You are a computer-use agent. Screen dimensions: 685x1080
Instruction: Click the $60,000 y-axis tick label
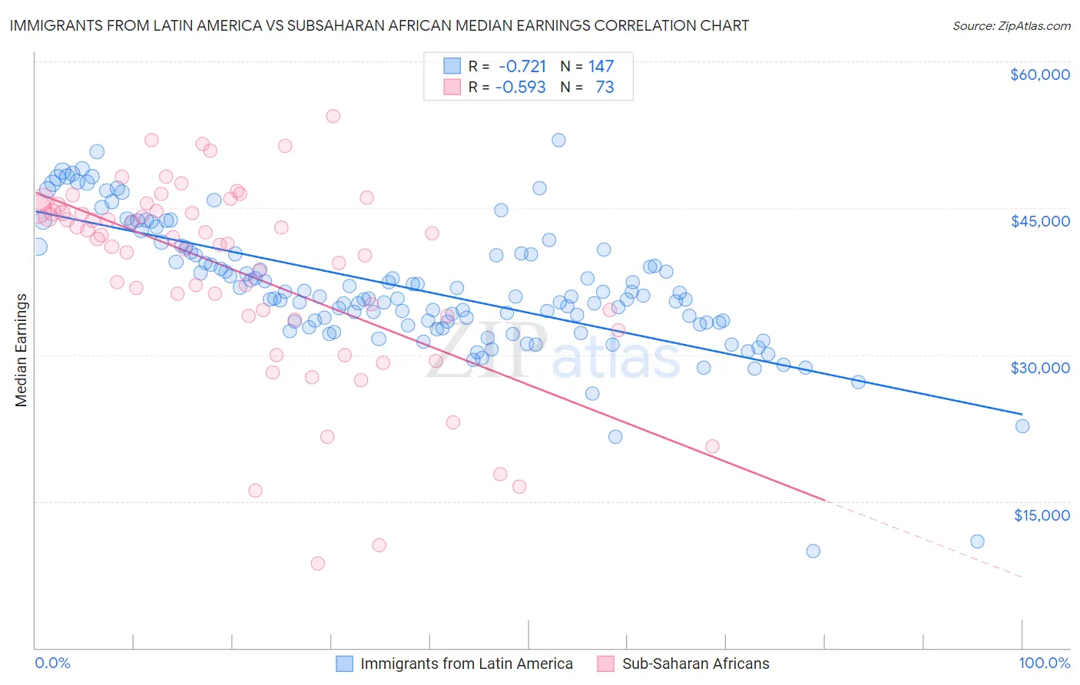coord(1039,74)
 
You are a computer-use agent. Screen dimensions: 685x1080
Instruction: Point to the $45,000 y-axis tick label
coord(1039,221)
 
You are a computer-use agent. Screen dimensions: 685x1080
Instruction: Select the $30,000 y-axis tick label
coord(1039,368)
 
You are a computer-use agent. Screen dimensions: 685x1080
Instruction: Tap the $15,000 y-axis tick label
coord(1042,515)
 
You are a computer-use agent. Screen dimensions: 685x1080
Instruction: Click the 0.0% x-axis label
coord(52,663)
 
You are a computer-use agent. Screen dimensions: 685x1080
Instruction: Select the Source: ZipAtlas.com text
coord(1011,25)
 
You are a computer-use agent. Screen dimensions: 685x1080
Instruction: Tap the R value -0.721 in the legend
coord(522,66)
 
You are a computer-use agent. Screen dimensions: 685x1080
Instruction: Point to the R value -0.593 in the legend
coord(520,87)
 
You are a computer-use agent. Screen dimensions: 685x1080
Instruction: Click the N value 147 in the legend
coord(601,66)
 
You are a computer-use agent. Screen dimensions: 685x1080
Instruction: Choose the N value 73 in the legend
coord(605,87)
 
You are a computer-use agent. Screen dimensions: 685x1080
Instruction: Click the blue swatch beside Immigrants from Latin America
coord(345,663)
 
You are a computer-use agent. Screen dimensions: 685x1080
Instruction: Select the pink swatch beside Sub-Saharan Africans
coord(606,663)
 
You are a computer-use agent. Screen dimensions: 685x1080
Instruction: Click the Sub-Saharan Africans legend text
coord(695,663)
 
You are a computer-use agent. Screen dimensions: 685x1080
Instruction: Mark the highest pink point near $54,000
coord(333,116)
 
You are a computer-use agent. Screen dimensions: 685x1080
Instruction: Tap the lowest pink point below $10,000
coord(317,563)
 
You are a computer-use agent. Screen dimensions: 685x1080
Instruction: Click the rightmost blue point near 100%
coord(1022,426)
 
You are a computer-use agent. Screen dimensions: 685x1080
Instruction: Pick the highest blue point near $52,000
coord(558,140)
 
